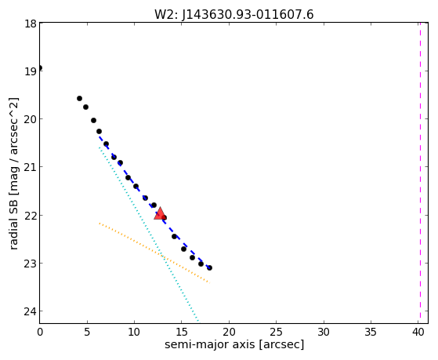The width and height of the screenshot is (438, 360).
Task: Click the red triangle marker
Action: click(x=160, y=214)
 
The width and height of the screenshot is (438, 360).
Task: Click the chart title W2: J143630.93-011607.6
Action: click(x=234, y=15)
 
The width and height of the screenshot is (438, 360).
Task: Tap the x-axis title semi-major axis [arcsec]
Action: click(x=234, y=344)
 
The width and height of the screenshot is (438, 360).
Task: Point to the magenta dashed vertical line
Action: click(x=420, y=173)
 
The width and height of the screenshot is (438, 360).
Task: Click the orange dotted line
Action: click(x=154, y=253)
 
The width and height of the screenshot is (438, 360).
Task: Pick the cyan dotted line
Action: click(x=149, y=235)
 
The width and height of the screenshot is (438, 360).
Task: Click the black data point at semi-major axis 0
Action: click(x=40, y=67)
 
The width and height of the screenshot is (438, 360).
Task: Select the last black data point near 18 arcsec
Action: click(x=209, y=267)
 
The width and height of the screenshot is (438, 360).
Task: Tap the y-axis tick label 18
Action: click(x=31, y=24)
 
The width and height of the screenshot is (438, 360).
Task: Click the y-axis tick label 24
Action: click(x=31, y=311)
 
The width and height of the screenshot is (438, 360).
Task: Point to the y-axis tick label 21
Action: click(x=31, y=167)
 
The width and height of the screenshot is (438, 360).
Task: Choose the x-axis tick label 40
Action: click(x=418, y=332)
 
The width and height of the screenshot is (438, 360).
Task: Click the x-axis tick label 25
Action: click(x=276, y=332)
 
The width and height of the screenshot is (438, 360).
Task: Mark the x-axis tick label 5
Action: click(x=87, y=332)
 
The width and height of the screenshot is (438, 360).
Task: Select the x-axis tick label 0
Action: click(x=40, y=332)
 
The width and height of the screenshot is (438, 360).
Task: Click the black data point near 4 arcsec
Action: click(x=79, y=98)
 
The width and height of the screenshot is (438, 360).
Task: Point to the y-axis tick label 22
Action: click(x=31, y=216)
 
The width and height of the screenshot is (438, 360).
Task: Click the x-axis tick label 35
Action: click(x=371, y=332)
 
